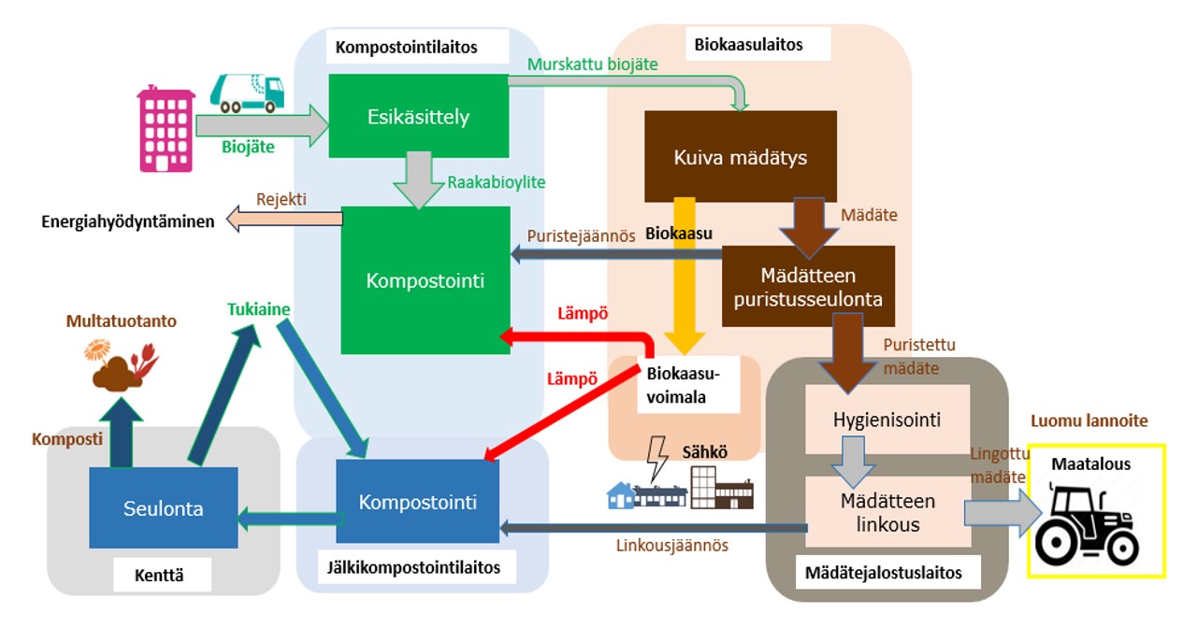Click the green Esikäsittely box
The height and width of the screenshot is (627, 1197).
click(418, 117)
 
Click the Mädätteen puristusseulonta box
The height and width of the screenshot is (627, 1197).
click(808, 287)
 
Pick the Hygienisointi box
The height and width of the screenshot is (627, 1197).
click(887, 420)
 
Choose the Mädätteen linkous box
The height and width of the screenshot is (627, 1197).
click(887, 513)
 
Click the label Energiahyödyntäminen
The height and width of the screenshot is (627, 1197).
click(127, 221)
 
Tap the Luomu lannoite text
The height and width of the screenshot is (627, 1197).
click(1088, 421)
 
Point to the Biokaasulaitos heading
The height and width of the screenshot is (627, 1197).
click(748, 44)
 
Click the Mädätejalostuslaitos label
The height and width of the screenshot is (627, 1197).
click(883, 573)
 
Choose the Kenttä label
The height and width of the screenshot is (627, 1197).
click(162, 576)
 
